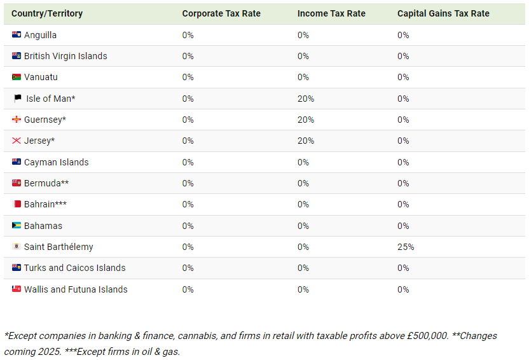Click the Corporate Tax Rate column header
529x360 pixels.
pos(221,13)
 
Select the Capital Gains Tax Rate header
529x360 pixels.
pos(443,13)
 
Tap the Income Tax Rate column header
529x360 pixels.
pos(331,13)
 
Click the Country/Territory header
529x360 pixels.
pos(47,13)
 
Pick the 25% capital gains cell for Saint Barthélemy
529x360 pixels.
pos(406,247)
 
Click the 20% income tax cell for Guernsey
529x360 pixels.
pos(306,120)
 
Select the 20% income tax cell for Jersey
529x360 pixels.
pos(306,141)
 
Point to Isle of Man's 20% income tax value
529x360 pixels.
pos(306,99)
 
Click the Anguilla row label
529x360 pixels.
pos(40,35)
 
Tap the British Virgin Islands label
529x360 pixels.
pos(65,56)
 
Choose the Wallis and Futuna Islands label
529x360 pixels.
pos(76,289)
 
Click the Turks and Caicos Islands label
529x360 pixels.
pos(75,268)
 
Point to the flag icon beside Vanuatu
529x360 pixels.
pos(17,77)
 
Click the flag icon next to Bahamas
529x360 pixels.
pos(17,226)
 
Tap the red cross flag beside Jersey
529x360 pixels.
pos(17,141)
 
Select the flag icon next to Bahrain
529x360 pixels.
pos(17,204)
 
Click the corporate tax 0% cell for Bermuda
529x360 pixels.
pos(188,183)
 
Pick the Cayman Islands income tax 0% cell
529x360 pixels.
pos(303,162)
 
